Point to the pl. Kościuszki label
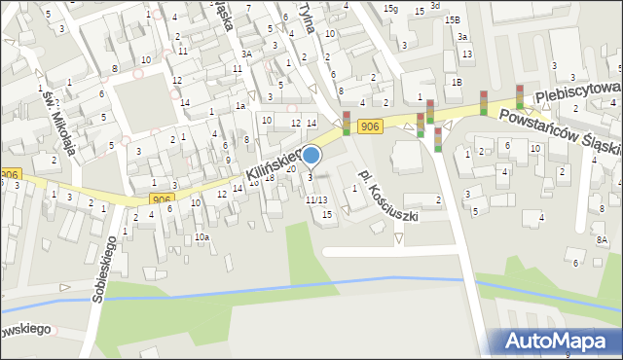tap(387, 195)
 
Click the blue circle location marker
tap(311, 155)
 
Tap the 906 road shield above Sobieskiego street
tap(162, 198)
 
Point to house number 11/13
tap(316, 199)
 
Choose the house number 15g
tap(390, 9)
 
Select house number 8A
tap(602, 239)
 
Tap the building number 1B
tap(456, 82)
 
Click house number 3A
tap(247, 54)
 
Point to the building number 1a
tap(239, 105)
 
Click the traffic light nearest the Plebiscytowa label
tap(520, 96)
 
